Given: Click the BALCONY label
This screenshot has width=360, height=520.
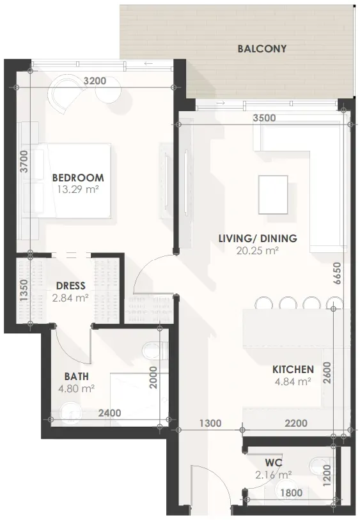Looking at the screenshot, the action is pyautogui.click(x=262, y=49).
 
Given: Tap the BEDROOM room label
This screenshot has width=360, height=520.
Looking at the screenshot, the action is pyautogui.click(x=78, y=178).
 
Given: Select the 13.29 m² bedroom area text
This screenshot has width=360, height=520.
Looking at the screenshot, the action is pyautogui.click(x=78, y=190).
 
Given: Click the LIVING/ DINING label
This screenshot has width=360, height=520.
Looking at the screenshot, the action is pyautogui.click(x=258, y=238).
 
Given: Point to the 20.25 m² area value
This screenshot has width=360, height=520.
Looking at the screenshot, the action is pyautogui.click(x=257, y=250).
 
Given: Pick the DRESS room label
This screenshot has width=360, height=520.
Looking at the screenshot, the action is pyautogui.click(x=71, y=286).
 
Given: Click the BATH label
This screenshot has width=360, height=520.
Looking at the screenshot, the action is pyautogui.click(x=77, y=376).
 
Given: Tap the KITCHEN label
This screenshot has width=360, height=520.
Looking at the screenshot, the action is pyautogui.click(x=293, y=369).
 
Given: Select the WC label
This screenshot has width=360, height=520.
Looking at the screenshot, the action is pyautogui.click(x=274, y=463).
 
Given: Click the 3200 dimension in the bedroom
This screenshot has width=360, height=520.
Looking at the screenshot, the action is pyautogui.click(x=95, y=80).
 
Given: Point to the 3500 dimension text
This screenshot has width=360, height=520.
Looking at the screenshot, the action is pyautogui.click(x=264, y=118).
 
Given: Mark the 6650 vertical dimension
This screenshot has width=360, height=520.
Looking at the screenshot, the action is pyautogui.click(x=337, y=273).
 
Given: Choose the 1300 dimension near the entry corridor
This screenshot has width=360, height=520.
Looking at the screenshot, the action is pyautogui.click(x=210, y=423).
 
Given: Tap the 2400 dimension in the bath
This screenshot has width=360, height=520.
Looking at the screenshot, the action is pyautogui.click(x=109, y=413).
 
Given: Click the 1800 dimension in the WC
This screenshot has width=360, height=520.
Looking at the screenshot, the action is pyautogui.click(x=291, y=493).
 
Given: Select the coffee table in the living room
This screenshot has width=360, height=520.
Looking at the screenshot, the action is pyautogui.click(x=273, y=195).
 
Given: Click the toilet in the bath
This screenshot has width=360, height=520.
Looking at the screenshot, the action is pyautogui.click(x=155, y=350).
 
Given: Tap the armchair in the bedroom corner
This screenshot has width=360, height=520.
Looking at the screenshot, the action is pyautogui.click(x=65, y=93).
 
